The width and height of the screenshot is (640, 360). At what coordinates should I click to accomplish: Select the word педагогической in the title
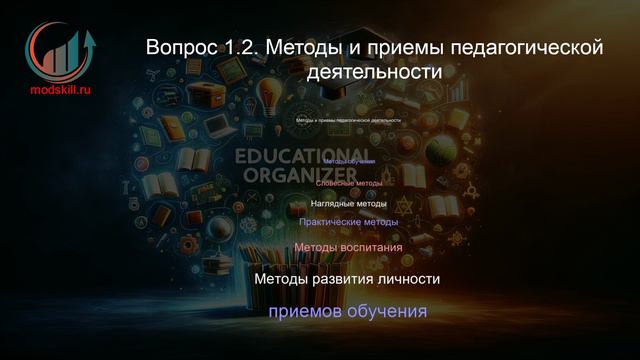pos(533,47)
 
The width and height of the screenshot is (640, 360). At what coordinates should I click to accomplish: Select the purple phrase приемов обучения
pos(347,313)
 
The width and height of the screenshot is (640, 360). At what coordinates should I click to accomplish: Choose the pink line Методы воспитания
pos(348,246)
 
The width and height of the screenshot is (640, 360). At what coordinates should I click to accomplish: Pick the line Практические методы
pos(348,222)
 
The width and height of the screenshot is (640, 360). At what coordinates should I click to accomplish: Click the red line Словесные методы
pos(348,183)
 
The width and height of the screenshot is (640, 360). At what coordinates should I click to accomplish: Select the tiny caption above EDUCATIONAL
pos(348,120)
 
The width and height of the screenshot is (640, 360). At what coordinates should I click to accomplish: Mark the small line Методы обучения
pos(349,162)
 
